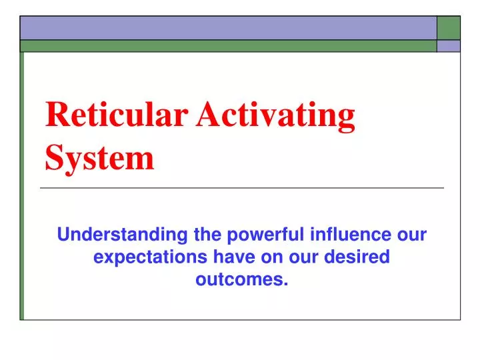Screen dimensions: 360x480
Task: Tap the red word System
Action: click(x=99, y=159)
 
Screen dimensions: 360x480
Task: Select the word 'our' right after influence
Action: click(x=411, y=235)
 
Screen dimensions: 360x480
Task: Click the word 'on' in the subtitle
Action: click(x=270, y=257)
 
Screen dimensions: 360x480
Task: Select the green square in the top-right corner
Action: click(x=449, y=27)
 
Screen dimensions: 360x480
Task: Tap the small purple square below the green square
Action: click(x=449, y=46)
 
